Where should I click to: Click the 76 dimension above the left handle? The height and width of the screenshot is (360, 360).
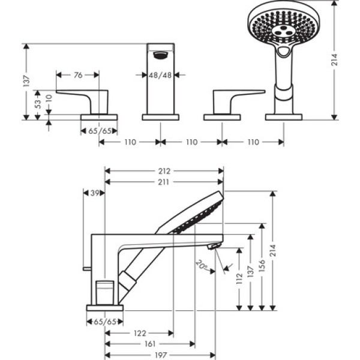tap(78, 75)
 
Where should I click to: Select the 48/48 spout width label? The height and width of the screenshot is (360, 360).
tap(161, 75)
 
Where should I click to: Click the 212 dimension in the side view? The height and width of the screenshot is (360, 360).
tap(164, 170)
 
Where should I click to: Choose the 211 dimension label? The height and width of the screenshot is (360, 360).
tap(164, 182)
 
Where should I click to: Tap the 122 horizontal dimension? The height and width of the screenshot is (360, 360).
tap(139, 332)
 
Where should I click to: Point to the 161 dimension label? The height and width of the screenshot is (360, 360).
tap(150, 344)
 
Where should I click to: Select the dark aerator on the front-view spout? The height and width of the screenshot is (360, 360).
tap(160, 56)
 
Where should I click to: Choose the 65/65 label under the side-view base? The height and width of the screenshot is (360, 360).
tap(104, 322)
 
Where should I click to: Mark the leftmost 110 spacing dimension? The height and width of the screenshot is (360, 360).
tap(130, 142)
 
